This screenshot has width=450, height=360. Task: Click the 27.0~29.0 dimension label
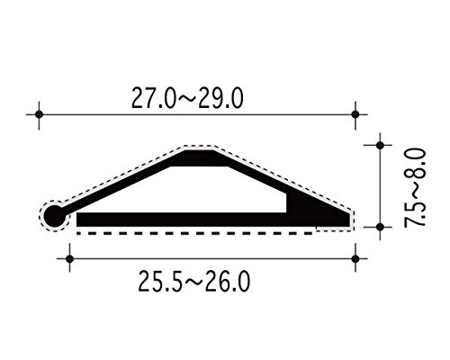(187, 98)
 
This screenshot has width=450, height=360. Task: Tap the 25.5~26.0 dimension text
(193, 281)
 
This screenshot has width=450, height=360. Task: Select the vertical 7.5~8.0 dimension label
(415, 188)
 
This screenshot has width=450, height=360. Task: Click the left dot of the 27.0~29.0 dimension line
(39, 114)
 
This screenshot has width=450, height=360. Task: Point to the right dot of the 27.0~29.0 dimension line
(355, 114)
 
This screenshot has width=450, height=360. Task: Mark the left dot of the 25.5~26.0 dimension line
(69, 258)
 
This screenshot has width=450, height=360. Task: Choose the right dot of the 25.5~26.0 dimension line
(355, 258)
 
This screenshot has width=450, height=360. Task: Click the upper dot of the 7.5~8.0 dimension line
(380, 146)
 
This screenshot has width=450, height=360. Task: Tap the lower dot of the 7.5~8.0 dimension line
(380, 227)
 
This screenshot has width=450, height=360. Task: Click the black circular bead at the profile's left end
(55, 216)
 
